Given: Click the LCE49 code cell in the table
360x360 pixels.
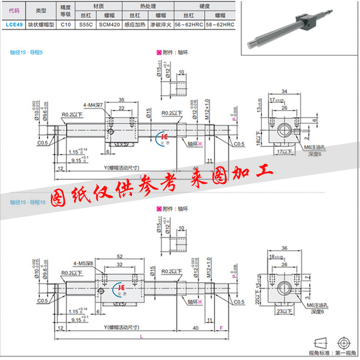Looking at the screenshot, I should coord(13,25).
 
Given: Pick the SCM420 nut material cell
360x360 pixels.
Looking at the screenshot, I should coord(109,25).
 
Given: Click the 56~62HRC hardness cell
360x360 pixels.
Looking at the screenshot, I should coord(189,25).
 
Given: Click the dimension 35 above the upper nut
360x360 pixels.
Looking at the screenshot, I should coord(121,99).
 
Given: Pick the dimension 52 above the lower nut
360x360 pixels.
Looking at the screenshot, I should coord(119,256).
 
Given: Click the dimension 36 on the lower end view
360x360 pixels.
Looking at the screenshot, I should coord(284,248).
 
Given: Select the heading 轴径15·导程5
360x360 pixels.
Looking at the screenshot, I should coord(27,52).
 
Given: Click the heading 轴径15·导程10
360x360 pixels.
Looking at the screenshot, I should coord(28,203).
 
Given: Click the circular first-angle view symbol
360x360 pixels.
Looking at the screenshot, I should coord(346,341).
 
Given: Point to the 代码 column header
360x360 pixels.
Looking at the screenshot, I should coord(13,9).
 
